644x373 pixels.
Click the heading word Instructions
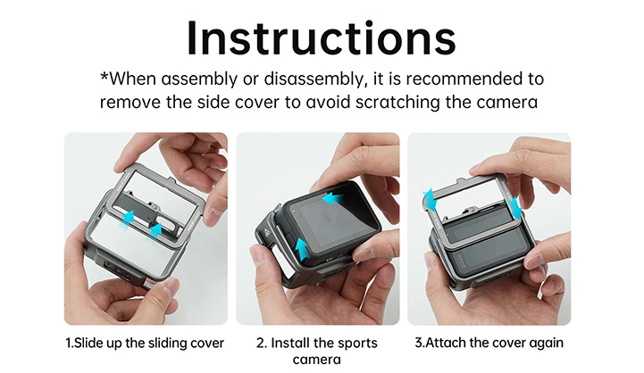click(x=322, y=37)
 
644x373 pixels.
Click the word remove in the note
click(x=129, y=102)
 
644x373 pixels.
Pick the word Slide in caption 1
click(x=93, y=343)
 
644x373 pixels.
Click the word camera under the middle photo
click(x=318, y=360)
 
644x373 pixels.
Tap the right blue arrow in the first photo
click(x=155, y=230)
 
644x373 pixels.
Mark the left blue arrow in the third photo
click(x=429, y=197)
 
